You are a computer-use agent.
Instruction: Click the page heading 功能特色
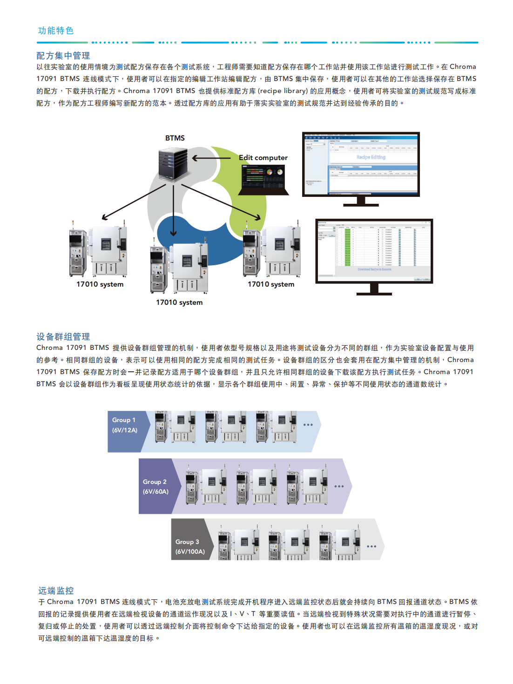coord(55,31)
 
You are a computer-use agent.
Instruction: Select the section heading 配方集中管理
coord(63,56)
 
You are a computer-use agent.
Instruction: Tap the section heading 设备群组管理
coord(63,336)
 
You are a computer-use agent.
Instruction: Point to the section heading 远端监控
coord(56,590)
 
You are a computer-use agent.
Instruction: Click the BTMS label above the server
coord(175,138)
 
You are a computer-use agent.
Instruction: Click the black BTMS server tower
coord(173,163)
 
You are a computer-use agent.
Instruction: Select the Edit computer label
coord(263,158)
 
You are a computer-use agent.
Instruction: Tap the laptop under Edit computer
coord(264,180)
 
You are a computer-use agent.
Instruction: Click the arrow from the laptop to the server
coord(212,158)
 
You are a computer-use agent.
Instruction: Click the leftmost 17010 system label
coord(100,284)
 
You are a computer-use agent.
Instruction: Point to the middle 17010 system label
coord(179,302)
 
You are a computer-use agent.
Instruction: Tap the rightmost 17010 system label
coord(271,284)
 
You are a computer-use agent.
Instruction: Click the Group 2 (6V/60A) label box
coord(156,486)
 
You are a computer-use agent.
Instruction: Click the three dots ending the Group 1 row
coord(308,425)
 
